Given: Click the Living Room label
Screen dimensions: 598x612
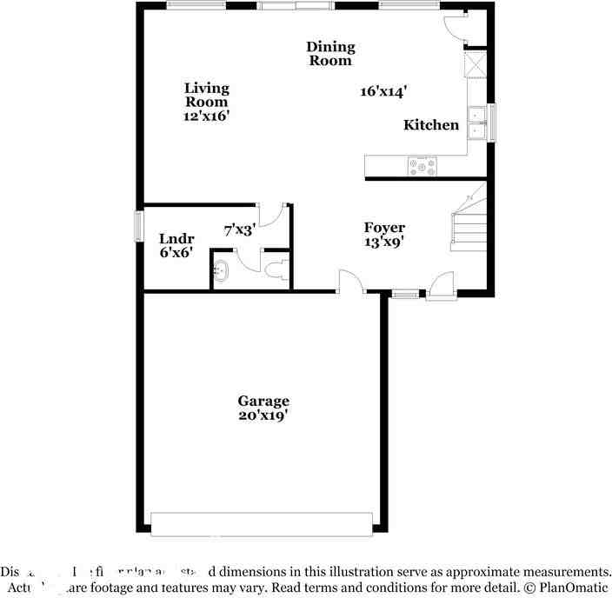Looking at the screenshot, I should (206, 95).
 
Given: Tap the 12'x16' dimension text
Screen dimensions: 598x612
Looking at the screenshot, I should (206, 116).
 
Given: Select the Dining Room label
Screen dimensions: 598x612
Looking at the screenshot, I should (330, 54).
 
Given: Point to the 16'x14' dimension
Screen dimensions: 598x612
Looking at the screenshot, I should (384, 90).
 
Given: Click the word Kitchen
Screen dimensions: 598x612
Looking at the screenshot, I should (431, 125).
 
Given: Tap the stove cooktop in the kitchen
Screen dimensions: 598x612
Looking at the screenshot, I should (422, 166).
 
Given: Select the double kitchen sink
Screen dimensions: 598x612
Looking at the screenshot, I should (477, 123).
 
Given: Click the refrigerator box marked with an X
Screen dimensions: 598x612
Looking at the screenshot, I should (476, 66).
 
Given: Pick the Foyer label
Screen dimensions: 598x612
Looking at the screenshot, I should (384, 228).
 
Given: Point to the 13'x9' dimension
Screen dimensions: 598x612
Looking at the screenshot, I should (384, 243).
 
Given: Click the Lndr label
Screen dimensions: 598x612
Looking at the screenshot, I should (176, 239).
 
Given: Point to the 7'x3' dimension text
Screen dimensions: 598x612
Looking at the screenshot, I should (238, 230).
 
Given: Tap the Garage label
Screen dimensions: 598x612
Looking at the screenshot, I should (263, 401).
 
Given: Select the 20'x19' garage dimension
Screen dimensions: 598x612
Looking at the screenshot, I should (263, 415).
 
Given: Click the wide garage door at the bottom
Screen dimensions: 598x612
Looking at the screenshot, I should (262, 524).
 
